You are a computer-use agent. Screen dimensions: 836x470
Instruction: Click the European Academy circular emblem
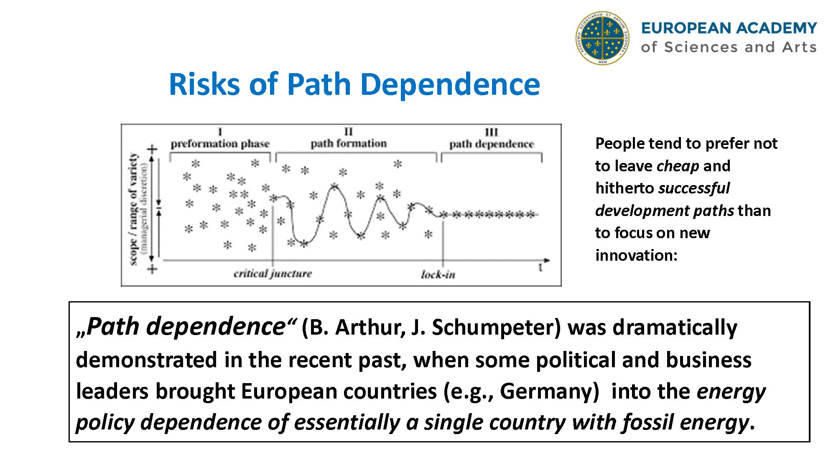pos(602,38)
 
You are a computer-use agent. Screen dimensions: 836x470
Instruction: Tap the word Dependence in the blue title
pos(450,84)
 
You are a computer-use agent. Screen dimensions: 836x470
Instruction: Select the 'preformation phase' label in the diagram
pos(220,144)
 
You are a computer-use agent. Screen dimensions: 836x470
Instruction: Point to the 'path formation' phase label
pos(349,143)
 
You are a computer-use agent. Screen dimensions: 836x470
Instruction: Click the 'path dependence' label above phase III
pos(492,144)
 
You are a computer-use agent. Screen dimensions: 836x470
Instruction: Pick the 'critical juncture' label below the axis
pos(273,274)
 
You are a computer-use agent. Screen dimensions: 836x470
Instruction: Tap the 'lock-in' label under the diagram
pos(438,274)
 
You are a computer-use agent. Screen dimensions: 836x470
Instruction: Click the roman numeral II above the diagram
pos(349,132)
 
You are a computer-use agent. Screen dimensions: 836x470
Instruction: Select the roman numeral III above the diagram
pos(492,132)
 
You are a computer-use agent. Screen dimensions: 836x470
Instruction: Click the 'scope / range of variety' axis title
pos(133,209)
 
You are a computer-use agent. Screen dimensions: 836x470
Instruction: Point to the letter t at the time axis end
pos(540,267)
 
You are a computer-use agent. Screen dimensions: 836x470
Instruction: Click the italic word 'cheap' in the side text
pos(678,166)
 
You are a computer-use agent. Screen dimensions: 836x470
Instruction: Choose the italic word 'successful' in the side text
pos(694,188)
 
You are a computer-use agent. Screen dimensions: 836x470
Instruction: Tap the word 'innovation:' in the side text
pos(636,255)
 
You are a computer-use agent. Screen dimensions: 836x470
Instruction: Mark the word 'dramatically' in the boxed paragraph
pos(675,327)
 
